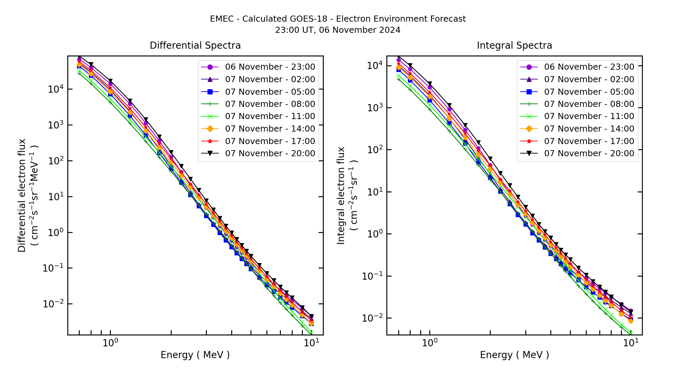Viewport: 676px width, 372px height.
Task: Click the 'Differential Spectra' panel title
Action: (x=195, y=46)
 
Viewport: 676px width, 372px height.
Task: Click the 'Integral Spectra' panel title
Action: (x=514, y=46)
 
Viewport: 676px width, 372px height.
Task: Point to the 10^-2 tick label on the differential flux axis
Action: (x=53, y=304)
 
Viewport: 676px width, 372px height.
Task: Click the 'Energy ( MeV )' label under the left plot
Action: (x=195, y=355)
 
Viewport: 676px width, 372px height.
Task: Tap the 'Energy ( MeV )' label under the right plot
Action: (x=514, y=355)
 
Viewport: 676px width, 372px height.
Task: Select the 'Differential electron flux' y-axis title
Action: (x=22, y=195)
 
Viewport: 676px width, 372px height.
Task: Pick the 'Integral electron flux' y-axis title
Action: (x=341, y=195)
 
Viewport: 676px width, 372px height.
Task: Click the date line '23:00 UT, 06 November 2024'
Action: (x=338, y=30)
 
